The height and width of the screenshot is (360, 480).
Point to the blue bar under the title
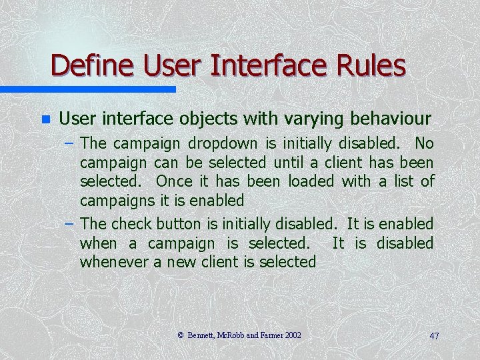click(x=87, y=89)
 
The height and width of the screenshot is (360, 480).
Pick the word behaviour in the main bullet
click(x=387, y=119)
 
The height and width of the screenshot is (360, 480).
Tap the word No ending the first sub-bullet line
click(x=423, y=143)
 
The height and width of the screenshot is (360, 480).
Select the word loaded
click(x=311, y=181)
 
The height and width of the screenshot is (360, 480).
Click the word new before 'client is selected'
click(x=183, y=262)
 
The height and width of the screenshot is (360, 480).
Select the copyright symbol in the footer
click(x=181, y=335)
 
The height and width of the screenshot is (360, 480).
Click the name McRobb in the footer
click(x=231, y=335)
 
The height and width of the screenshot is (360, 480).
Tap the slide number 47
click(x=434, y=336)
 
